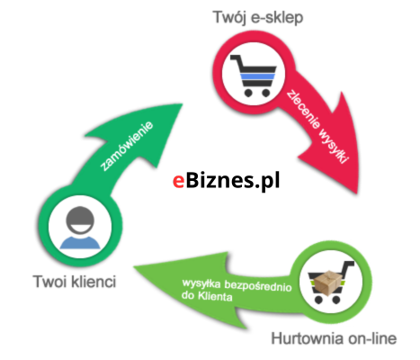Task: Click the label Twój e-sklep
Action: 258,18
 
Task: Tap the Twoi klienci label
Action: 75,282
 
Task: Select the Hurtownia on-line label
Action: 334,338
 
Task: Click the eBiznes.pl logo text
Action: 227,181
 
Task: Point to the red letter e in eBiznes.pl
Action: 178,182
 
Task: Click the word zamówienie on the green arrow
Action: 127,146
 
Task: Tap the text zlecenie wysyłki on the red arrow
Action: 317,127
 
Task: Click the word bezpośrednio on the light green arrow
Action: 258,286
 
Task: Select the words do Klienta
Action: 207,296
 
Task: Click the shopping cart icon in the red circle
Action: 254,76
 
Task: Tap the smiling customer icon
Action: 80,228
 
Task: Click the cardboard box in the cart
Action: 327,283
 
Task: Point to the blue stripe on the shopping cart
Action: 257,76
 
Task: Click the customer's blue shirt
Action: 80,243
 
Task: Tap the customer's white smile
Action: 80,229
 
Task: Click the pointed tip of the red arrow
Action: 357,193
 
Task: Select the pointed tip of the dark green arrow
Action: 182,104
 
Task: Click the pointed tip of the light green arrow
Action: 135,266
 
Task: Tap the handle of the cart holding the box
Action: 348,265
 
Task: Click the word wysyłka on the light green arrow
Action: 201,283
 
